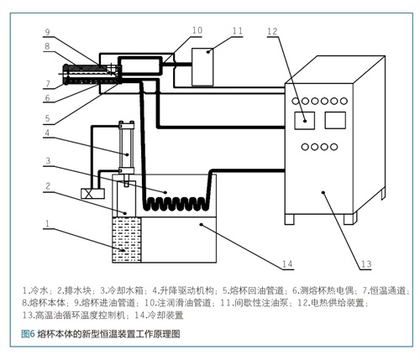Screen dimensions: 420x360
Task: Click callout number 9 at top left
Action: [48, 32]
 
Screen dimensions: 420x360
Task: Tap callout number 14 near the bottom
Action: [287, 263]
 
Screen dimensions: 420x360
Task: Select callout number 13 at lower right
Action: [366, 263]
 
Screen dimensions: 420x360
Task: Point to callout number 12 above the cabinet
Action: [272, 31]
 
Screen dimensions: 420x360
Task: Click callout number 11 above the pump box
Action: [238, 30]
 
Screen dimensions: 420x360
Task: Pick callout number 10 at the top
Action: [197, 30]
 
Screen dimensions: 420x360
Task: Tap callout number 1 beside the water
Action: [47, 223]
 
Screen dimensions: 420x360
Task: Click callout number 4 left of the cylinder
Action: [47, 133]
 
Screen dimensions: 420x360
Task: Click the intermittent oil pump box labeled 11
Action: [202, 67]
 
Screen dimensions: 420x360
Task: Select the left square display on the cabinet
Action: [304, 121]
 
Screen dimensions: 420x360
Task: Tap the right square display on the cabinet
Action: [335, 120]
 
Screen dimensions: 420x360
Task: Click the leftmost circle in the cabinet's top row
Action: [296, 101]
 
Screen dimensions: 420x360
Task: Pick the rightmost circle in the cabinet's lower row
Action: [333, 147]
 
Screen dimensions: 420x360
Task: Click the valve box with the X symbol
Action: [92, 194]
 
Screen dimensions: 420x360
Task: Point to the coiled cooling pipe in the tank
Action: [176, 203]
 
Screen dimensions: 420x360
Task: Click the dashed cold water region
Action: [127, 240]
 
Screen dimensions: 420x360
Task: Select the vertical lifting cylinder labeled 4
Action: [127, 148]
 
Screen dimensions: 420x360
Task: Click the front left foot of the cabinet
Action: [290, 219]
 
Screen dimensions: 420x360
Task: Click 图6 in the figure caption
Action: [28, 334]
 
